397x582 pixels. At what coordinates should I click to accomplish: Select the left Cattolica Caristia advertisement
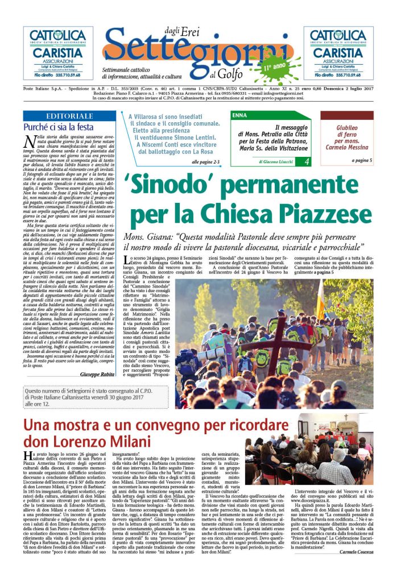coord(58,53)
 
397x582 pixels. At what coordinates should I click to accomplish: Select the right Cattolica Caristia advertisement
coord(338,53)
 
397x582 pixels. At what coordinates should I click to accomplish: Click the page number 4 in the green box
coord(307,162)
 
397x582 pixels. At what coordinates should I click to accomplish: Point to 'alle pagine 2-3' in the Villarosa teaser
coord(209,162)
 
